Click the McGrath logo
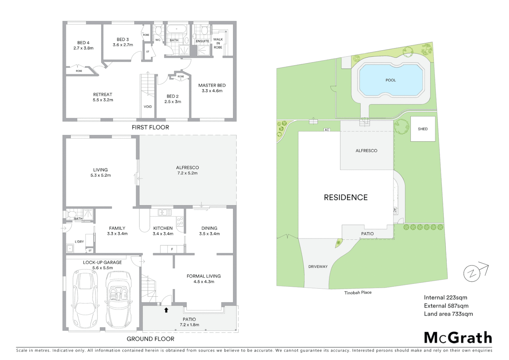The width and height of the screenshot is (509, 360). click(x=458, y=338)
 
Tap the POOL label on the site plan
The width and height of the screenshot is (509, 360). click(x=391, y=80)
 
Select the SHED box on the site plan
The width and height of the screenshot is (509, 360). click(x=423, y=129)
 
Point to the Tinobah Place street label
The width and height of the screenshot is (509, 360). click(x=358, y=293)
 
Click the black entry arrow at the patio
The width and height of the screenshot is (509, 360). click(x=166, y=310)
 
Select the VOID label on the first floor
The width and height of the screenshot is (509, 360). click(x=148, y=107)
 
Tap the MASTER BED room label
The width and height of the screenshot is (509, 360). click(x=212, y=85)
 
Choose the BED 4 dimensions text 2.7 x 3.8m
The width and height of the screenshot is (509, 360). click(x=83, y=48)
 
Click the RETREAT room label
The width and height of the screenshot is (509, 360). click(x=103, y=94)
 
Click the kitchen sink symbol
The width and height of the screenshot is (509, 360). click(x=165, y=212)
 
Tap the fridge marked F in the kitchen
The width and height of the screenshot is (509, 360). click(x=172, y=249)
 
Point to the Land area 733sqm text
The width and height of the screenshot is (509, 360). click(x=448, y=314)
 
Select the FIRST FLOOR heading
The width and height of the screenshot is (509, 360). click(x=150, y=127)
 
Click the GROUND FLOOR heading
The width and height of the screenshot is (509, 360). click(x=150, y=339)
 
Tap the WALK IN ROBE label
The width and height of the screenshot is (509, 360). click(x=218, y=43)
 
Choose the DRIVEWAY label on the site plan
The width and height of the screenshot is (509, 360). click(x=318, y=267)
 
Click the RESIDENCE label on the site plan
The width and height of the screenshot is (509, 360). click(x=346, y=197)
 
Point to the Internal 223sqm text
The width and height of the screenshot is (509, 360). click(x=445, y=297)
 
